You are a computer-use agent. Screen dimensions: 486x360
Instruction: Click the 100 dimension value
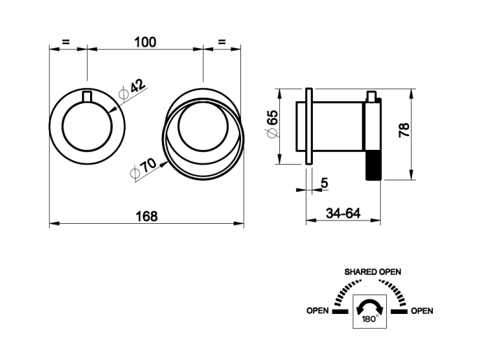(145, 42)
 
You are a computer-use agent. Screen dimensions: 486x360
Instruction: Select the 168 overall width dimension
(146, 216)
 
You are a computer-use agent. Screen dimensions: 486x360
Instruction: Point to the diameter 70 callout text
(144, 167)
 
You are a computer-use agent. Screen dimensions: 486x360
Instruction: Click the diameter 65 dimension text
(272, 123)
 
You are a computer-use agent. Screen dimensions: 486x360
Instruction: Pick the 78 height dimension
(404, 130)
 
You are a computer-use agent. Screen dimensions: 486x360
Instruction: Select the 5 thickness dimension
(324, 183)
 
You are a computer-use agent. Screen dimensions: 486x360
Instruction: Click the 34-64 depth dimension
(343, 213)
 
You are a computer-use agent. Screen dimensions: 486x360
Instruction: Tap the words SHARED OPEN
(373, 272)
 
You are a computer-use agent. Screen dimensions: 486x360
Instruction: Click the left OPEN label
(318, 311)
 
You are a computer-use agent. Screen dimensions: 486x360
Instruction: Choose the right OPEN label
(422, 311)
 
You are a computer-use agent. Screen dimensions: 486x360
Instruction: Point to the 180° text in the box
(370, 319)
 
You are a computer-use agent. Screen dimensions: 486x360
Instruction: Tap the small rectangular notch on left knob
(87, 97)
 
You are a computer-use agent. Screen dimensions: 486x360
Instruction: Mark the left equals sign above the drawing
(65, 42)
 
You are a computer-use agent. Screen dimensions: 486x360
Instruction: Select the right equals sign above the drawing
(222, 42)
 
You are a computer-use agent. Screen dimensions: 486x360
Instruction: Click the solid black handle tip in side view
(373, 165)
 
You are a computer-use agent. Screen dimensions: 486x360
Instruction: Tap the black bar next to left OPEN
(340, 311)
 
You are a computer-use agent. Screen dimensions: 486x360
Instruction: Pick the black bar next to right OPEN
(399, 311)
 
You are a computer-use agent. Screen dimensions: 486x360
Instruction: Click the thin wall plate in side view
(309, 126)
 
